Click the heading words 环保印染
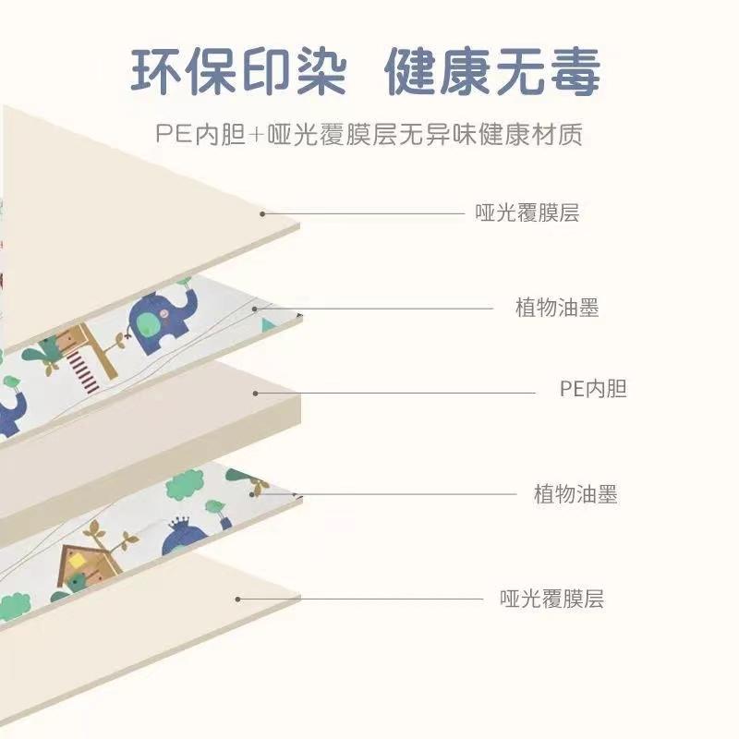coord(239,72)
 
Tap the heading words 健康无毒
coord(492,72)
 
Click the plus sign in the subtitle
coord(257,135)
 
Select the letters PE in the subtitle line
coord(174,134)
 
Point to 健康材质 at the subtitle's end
coord(530,134)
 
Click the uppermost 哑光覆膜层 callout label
coord(527,213)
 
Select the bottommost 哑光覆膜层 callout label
coord(551,599)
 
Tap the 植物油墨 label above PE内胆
coord(557,308)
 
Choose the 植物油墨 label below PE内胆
coord(575,494)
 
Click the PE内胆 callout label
coord(593,389)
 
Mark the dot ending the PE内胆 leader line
coord(256,394)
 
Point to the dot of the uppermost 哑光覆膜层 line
coord(262,214)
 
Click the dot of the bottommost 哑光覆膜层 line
coord(238,599)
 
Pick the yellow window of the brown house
coord(76,562)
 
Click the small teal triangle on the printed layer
coord(268,324)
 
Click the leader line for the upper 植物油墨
coord(374,309)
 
